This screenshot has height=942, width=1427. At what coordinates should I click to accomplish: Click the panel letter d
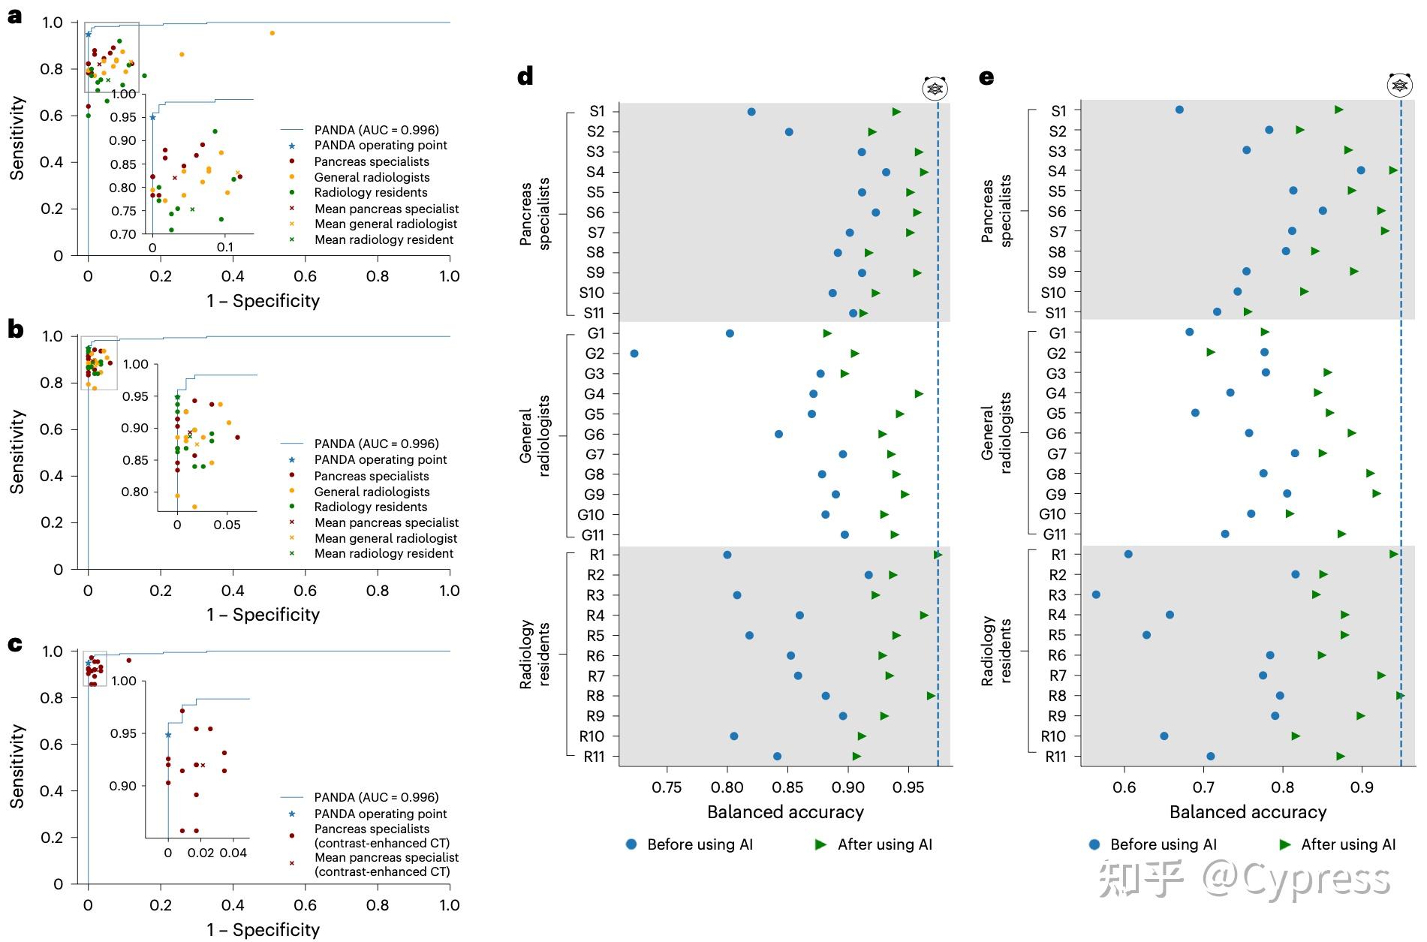coord(525,77)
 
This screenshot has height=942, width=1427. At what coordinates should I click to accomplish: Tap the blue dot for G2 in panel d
coord(634,354)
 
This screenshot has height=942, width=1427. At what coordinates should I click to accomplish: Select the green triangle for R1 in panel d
coord(938,555)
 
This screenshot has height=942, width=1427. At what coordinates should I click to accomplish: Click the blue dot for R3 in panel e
coord(1096,594)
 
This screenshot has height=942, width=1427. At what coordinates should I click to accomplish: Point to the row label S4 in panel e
coord(1057,171)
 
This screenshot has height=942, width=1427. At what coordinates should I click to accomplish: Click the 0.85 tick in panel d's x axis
coord(788,787)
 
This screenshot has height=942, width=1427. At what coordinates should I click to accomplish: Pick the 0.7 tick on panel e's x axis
coord(1203,787)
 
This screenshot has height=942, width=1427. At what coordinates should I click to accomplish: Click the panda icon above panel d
coord(935,89)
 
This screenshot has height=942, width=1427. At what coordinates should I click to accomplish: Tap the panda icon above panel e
coord(1399,86)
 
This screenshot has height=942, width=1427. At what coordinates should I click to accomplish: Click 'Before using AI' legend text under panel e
coord(1163,844)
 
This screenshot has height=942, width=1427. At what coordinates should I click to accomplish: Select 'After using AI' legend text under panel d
coord(884,844)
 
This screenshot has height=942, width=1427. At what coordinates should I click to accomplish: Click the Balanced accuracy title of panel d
coord(785,812)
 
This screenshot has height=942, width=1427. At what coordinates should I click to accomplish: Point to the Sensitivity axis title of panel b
coord(17,451)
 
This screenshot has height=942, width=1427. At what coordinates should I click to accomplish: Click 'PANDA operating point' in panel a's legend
coord(380,146)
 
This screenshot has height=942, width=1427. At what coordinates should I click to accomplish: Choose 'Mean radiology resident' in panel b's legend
coord(384,554)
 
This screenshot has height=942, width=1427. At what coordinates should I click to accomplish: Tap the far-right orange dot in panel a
coord(272,33)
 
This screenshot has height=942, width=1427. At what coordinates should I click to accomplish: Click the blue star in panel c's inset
coord(168,735)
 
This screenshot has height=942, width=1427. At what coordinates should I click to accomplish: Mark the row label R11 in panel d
coord(594,757)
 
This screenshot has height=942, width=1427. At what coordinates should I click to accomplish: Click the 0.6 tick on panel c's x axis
coord(305,905)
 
